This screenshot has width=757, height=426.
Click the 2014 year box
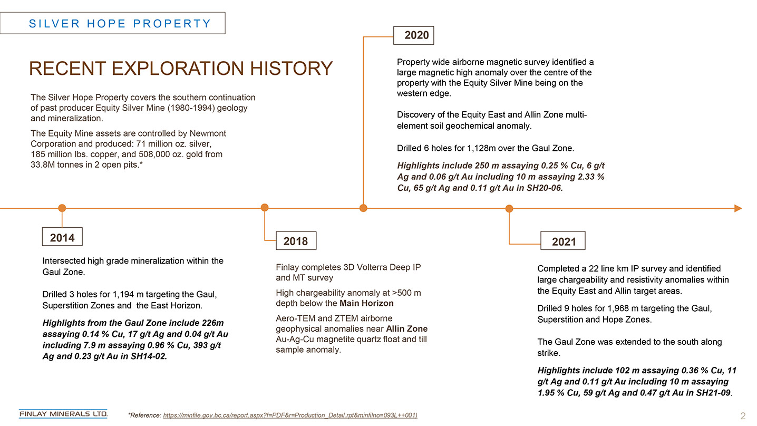[62, 237]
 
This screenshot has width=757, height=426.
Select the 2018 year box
[296, 241]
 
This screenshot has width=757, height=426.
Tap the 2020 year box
[414, 35]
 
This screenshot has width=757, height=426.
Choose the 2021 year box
[563, 241]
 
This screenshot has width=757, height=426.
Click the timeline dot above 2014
[62, 208]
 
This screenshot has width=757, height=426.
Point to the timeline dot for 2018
[265, 207]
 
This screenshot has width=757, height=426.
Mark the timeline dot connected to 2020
[363, 208]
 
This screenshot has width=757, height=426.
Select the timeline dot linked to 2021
[509, 209]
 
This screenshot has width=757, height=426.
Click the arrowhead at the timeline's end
[738, 208]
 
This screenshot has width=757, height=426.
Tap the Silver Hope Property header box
[112, 23]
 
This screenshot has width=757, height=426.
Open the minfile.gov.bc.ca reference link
[290, 415]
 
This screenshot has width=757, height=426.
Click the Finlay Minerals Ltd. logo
[63, 414]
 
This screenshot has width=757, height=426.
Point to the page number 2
[743, 416]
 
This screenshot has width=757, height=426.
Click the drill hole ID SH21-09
[713, 393]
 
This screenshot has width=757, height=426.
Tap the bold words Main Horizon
[366, 303]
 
